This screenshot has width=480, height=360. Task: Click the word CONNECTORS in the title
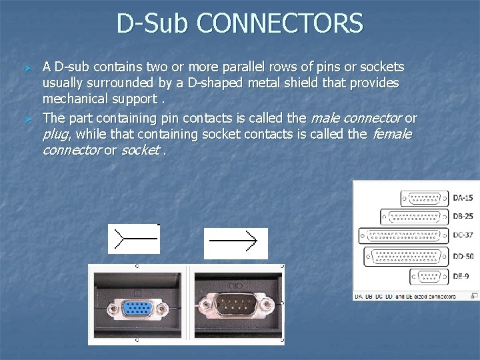pos(281,24)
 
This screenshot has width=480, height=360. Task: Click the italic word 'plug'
pos(57,134)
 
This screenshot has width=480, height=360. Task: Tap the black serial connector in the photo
pos(236,307)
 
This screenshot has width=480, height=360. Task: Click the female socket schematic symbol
pos(133,238)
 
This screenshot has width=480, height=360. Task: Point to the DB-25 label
pos(463,217)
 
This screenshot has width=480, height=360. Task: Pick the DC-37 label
pos(463,235)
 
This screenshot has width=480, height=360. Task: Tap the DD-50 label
pos(463,256)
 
